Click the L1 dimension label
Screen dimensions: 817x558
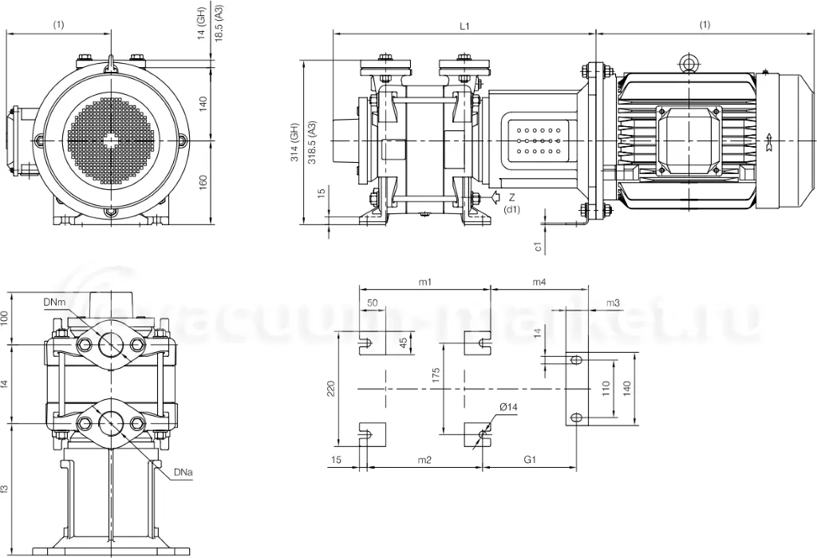tap(464, 26)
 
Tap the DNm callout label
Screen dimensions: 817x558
tap(54, 303)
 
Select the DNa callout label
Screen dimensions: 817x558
tap(184, 473)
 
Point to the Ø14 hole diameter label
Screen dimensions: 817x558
tap(508, 407)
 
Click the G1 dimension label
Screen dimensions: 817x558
tap(530, 460)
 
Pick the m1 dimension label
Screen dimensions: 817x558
tap(425, 282)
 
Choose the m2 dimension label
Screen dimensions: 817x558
tap(425, 460)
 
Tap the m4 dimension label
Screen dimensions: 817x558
tap(539, 282)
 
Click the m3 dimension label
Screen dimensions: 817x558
tap(613, 303)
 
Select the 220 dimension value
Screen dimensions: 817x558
tap(330, 389)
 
